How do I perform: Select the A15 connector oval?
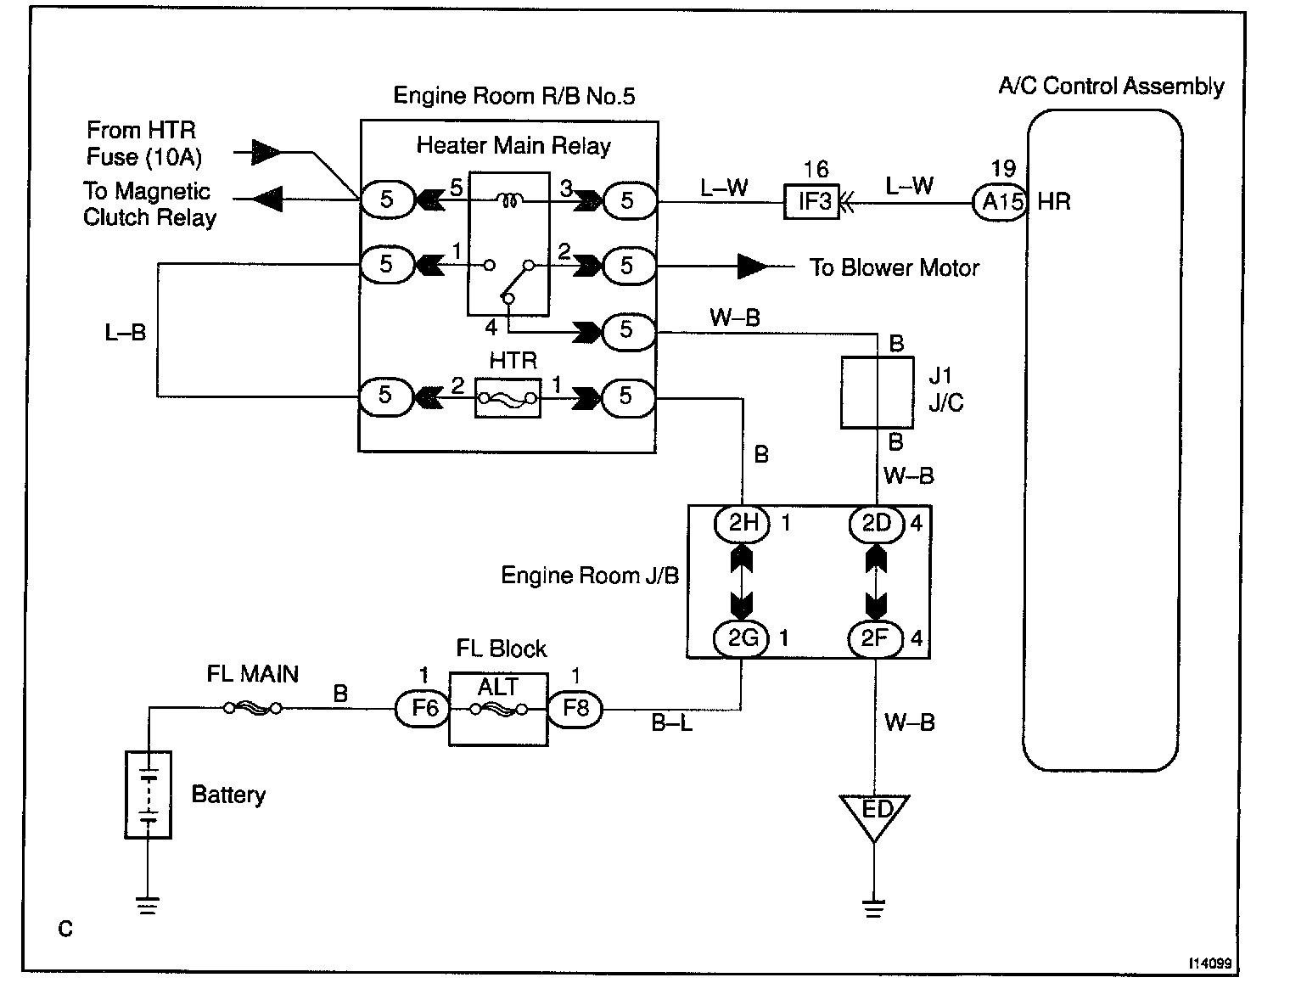point(1001,203)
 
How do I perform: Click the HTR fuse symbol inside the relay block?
point(508,398)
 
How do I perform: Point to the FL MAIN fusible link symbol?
point(253,708)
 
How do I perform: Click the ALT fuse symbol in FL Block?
point(499,710)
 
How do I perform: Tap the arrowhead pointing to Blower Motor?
point(752,267)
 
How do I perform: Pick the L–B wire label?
point(126,332)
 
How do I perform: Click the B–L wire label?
point(672,722)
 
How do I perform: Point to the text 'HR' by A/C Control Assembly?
point(1054,203)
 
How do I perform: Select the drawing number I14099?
point(1210,963)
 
